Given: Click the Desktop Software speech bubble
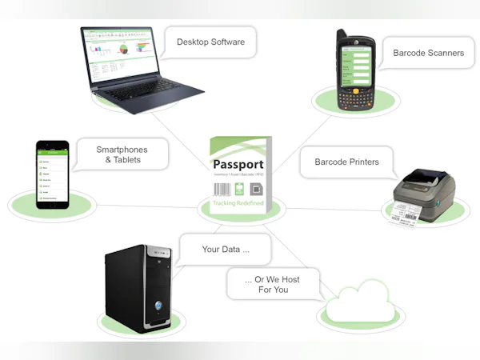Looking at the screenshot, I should [210, 42].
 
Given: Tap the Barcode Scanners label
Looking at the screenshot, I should [428, 53].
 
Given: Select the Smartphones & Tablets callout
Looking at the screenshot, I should [122, 154].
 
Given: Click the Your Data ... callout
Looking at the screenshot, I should [225, 249].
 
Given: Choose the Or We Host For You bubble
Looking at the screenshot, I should [274, 284].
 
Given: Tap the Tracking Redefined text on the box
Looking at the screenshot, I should [239, 204].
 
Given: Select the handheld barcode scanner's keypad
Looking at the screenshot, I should [354, 96].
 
